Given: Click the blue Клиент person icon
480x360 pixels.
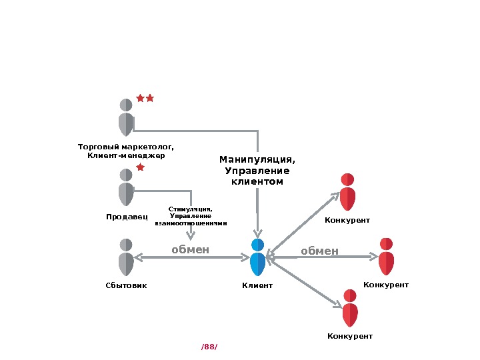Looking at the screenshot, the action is coord(258,257).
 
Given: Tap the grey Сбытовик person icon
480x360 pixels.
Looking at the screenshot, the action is coord(126,257).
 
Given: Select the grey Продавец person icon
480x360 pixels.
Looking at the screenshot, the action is coord(126,187).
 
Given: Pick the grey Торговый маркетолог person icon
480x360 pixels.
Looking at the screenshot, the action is coord(126,117).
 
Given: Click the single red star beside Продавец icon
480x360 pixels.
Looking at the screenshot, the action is coord(140,167).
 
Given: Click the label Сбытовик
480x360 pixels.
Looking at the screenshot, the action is coord(126,285).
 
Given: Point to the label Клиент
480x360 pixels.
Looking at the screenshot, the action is coord(257,285).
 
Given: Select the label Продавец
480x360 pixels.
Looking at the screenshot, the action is coord(126,217).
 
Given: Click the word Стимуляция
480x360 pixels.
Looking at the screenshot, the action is coord(191,209).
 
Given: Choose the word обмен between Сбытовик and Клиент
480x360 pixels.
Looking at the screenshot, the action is coord(191,250).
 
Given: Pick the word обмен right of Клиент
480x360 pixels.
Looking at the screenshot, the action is coord(319,251).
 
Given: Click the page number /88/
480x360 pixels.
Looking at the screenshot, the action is coord(209,347).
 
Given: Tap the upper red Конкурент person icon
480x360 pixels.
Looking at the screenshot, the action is coord(347,192).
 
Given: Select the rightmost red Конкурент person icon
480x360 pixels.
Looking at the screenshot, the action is coord(386,256).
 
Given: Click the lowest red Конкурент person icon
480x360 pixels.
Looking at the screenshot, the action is coord(350,308).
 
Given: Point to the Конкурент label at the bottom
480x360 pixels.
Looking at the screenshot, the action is coord(349,337).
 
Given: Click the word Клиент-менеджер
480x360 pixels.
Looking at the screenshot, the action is coord(126,156).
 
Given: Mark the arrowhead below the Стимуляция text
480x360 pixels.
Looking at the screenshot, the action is coord(191,235).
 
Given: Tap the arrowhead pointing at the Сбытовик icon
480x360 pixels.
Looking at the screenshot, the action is coord(137,257).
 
